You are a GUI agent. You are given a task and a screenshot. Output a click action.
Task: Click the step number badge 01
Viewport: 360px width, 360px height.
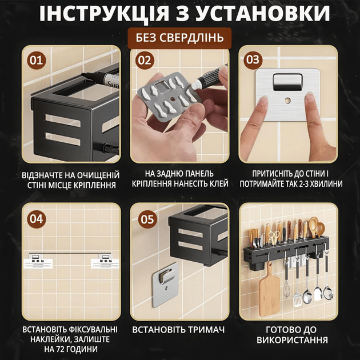coord(37,61)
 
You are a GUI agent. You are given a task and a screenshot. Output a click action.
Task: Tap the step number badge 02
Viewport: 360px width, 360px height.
coord(145,61)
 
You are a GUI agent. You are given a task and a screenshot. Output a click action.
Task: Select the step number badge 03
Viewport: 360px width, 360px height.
coord(253,60)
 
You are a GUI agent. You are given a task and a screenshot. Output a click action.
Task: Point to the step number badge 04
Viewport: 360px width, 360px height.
coord(37,219)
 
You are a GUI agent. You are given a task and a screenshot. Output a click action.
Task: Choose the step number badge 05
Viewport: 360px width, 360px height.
coord(147,219)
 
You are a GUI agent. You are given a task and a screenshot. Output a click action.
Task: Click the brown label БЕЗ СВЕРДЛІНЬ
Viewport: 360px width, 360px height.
coord(179,38)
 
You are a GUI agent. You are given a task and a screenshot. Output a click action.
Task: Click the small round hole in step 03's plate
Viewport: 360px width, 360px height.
coord(287,101)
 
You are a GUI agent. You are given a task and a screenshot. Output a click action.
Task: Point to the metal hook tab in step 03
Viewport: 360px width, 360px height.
coord(287,82)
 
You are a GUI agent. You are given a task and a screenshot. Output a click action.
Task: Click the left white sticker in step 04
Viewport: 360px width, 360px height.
coord(38,263)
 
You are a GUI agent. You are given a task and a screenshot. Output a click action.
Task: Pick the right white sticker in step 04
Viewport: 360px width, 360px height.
coord(105,263)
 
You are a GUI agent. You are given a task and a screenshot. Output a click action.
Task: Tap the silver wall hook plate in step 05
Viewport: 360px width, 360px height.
coord(165,285)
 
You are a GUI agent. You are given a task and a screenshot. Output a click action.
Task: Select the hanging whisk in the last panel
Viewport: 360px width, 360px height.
coord(286,285)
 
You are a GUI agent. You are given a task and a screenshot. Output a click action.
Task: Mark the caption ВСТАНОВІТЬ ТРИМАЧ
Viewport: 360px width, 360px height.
coord(178,330)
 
